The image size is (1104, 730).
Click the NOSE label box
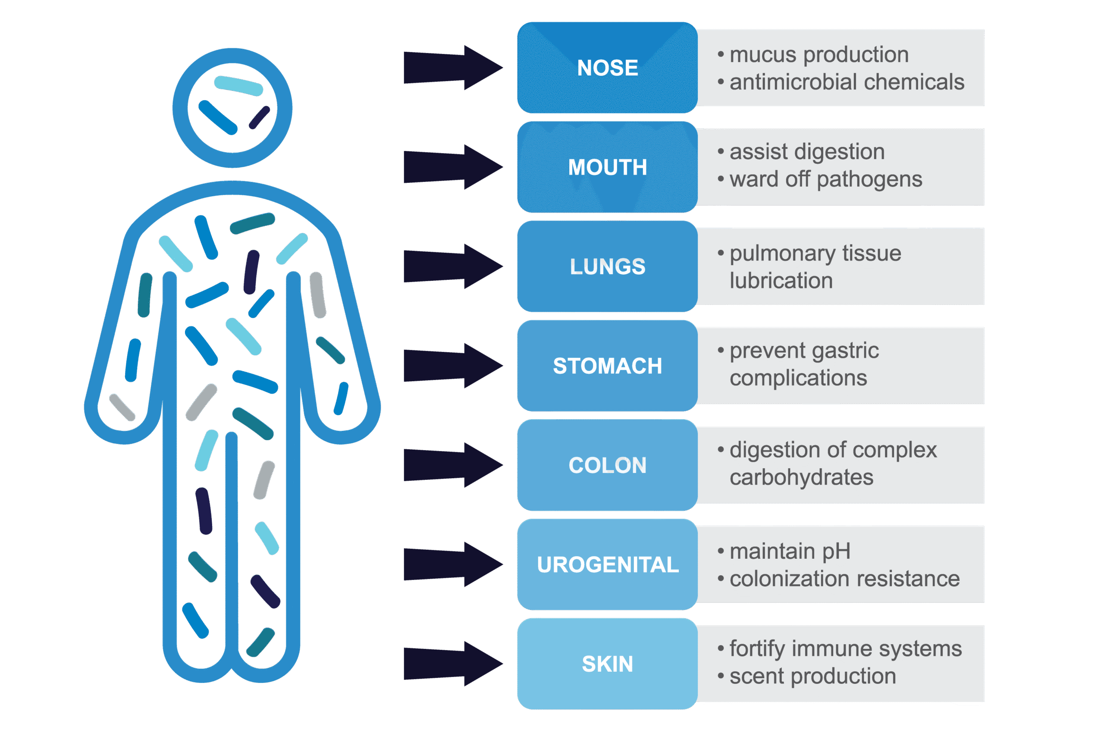[607, 68]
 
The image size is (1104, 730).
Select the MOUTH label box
[607, 167]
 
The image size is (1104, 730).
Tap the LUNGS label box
[607, 266]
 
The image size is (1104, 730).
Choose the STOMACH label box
[607, 366]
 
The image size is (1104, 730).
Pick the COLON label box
[607, 465]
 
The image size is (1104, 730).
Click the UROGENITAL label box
[607, 564]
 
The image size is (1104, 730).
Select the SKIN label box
[607, 664]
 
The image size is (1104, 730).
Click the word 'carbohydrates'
[801, 478]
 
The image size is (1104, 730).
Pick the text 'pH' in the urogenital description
[836, 551]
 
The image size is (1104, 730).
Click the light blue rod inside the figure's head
[238, 86]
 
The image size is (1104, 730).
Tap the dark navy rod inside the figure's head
[259, 117]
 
